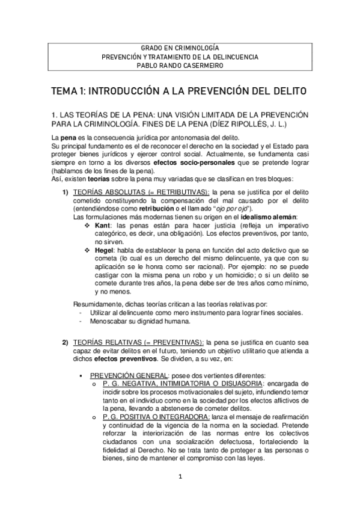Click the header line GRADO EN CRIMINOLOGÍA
[x=180, y=47]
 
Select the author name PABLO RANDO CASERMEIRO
[x=180, y=66]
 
